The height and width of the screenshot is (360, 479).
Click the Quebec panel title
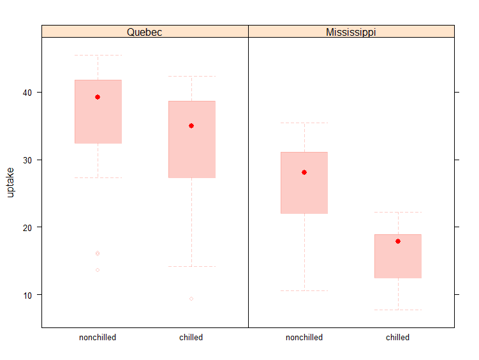[145, 31]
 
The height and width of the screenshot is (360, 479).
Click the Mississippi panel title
[351, 31]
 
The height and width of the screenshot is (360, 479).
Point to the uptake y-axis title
[10, 182]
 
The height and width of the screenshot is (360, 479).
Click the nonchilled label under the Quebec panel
[98, 338]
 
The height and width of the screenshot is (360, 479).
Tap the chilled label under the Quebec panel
[191, 338]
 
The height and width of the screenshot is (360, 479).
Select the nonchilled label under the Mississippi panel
[304, 338]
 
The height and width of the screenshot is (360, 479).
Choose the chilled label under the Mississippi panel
[398, 338]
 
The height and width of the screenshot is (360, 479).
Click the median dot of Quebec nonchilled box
[98, 97]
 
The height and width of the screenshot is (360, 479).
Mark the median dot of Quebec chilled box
[191, 126]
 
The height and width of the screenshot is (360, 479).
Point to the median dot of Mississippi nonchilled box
[304, 172]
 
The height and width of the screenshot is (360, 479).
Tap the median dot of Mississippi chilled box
[398, 241]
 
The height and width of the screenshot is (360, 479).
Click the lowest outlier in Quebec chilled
[191, 299]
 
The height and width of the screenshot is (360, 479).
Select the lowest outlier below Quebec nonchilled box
[98, 270]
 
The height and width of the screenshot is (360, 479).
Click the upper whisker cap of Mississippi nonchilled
[304, 123]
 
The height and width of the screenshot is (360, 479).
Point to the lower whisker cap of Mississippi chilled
[398, 310]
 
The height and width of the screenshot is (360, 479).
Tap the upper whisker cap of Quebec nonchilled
[98, 56]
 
